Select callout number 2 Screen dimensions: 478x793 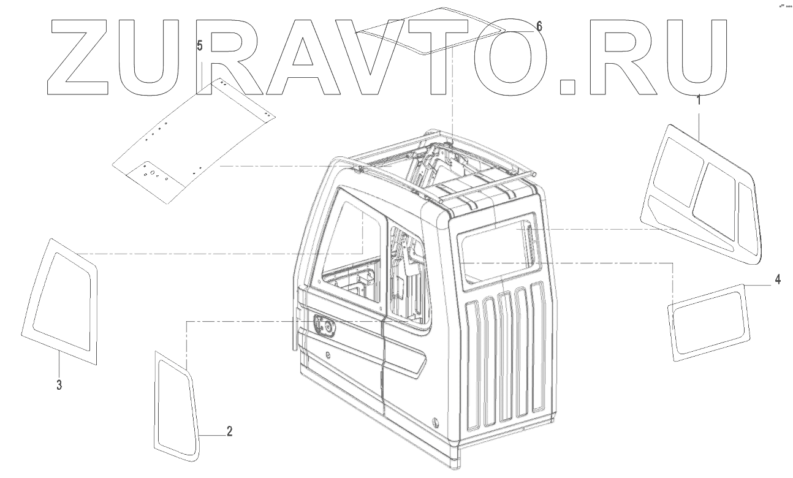click(229, 431)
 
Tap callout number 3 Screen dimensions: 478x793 click(59, 385)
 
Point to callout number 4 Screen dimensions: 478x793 click(777, 279)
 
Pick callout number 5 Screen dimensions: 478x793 click(200, 45)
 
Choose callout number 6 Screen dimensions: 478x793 click(539, 26)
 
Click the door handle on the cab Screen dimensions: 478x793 click(325, 326)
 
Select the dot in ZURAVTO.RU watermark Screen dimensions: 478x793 click(566, 86)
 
